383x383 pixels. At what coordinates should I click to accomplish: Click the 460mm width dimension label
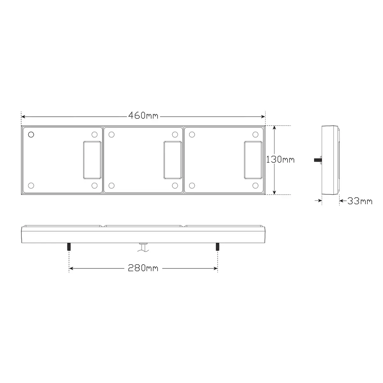point(143,116)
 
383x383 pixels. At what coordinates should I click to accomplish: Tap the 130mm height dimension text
point(280,160)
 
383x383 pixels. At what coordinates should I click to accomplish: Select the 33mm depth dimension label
point(360,201)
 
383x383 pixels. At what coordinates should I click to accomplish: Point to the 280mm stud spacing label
point(143,268)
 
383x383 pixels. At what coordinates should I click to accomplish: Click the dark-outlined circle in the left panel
point(31,135)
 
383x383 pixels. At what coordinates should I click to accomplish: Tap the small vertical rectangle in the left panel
point(92,160)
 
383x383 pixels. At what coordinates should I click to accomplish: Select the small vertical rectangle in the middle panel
point(173,160)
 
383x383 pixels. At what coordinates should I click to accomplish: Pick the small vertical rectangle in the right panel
point(253,160)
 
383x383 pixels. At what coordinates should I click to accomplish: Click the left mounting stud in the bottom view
point(69,247)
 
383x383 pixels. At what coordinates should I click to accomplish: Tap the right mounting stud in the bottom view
point(217,247)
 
